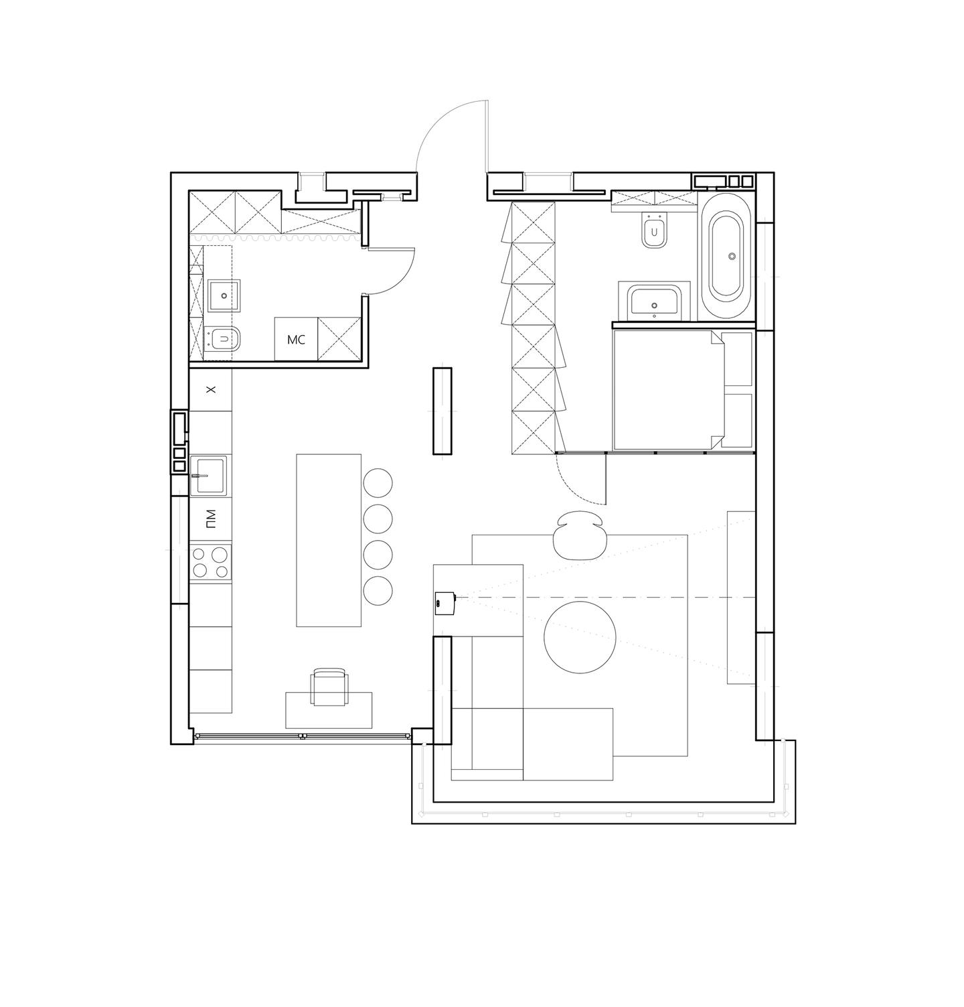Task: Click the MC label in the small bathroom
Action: [x=296, y=340]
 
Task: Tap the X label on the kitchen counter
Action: [x=210, y=389]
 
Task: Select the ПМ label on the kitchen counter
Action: [x=211, y=518]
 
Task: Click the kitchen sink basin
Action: [x=208, y=476]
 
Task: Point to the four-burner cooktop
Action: [x=210, y=562]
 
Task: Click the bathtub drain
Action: [x=732, y=256]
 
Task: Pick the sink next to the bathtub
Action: [x=654, y=303]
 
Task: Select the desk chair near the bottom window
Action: [x=331, y=687]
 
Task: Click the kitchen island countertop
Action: [x=329, y=540]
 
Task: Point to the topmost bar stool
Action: [x=378, y=482]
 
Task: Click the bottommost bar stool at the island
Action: [x=378, y=590]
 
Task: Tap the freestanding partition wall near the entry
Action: [x=442, y=411]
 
